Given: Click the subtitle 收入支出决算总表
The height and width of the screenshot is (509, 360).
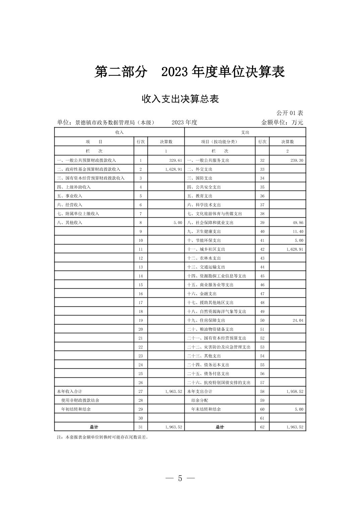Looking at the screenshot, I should [180, 99].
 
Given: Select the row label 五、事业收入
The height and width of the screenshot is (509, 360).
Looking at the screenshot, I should [70, 196].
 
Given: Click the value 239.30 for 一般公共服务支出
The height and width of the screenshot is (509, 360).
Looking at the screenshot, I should [297, 160].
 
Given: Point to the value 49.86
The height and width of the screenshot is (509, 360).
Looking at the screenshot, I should [298, 223].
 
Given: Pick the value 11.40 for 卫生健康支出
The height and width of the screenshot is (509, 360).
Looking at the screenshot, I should [298, 231].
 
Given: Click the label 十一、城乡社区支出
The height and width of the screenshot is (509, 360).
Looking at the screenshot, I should [206, 249].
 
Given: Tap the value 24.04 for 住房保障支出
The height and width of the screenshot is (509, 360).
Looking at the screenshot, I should [298, 320].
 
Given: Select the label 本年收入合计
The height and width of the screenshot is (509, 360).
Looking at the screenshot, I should [69, 391].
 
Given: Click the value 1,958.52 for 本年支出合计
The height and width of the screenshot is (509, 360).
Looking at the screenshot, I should [295, 391].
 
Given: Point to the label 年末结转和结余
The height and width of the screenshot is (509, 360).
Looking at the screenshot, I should [206, 409].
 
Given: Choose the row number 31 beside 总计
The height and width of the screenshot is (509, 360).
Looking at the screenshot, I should [140, 427].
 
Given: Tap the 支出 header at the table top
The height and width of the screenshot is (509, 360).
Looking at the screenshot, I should [245, 133].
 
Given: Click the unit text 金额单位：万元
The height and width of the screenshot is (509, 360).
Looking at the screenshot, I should [282, 123].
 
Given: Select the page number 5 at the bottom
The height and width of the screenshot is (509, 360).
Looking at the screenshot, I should [180, 478].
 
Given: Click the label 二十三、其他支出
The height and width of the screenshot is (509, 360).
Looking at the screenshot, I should [204, 356].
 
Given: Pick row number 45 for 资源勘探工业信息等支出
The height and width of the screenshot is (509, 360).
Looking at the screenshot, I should [262, 276].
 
